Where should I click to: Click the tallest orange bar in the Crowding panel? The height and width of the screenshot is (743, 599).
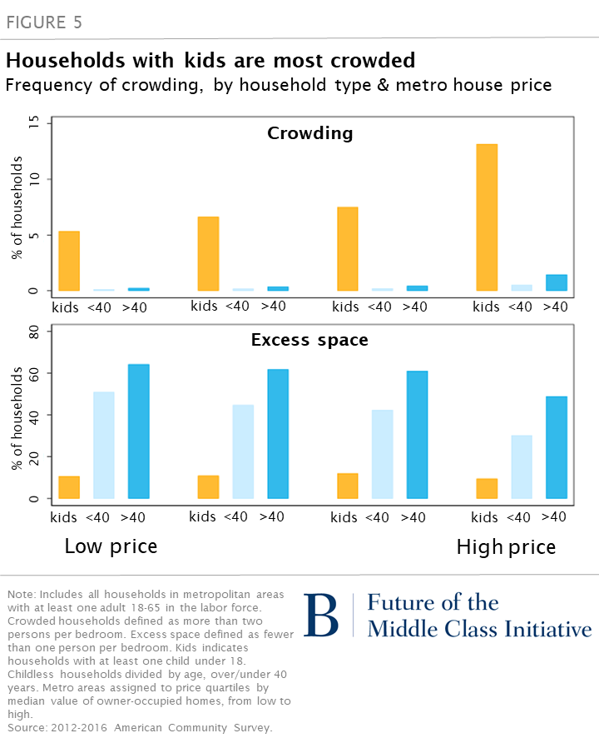[x=487, y=217]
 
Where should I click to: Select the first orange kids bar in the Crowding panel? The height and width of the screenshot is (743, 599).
[x=69, y=261]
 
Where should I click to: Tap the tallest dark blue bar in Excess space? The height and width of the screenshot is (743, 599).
[x=138, y=431]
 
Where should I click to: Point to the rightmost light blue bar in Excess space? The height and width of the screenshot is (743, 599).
[x=522, y=466]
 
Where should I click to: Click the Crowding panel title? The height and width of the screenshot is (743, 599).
[x=309, y=133]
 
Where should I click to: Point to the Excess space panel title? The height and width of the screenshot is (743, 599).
[x=309, y=341]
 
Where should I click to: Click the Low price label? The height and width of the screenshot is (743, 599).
[x=111, y=547]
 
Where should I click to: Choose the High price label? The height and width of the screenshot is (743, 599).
[x=506, y=547]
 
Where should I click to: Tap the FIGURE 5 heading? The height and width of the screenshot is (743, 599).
[x=45, y=22]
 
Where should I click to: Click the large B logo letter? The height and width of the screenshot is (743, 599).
[x=321, y=616]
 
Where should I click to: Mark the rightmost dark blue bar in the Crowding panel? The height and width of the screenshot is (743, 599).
[x=557, y=282]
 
